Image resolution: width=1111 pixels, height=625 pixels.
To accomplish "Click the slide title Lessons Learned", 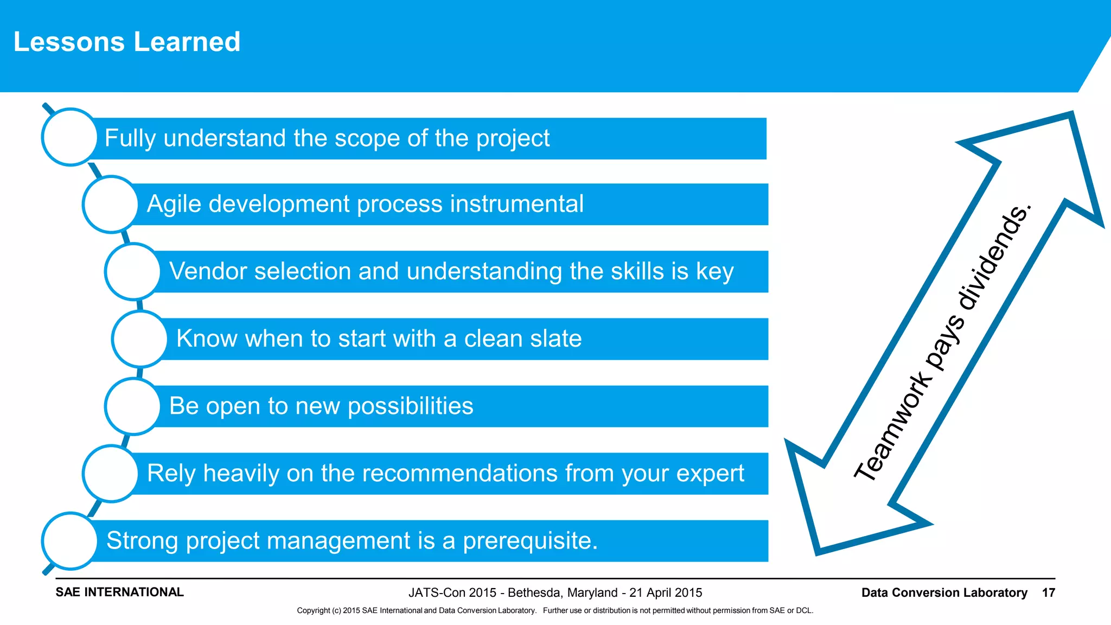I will click(127, 42).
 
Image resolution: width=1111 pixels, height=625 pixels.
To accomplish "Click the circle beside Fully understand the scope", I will click(69, 137).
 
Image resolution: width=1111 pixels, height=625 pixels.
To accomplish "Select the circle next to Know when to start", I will click(139, 339).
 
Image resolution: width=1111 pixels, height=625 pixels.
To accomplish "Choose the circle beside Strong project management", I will click(69, 541).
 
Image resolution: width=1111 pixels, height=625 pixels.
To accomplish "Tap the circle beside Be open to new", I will click(132, 406).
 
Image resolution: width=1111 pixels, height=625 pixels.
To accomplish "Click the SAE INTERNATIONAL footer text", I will click(119, 592).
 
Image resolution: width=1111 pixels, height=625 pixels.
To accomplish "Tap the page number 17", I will click(1048, 592).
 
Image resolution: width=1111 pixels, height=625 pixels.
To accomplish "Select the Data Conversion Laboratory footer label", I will click(944, 592).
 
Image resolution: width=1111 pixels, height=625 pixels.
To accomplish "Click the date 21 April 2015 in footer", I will click(666, 592).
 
